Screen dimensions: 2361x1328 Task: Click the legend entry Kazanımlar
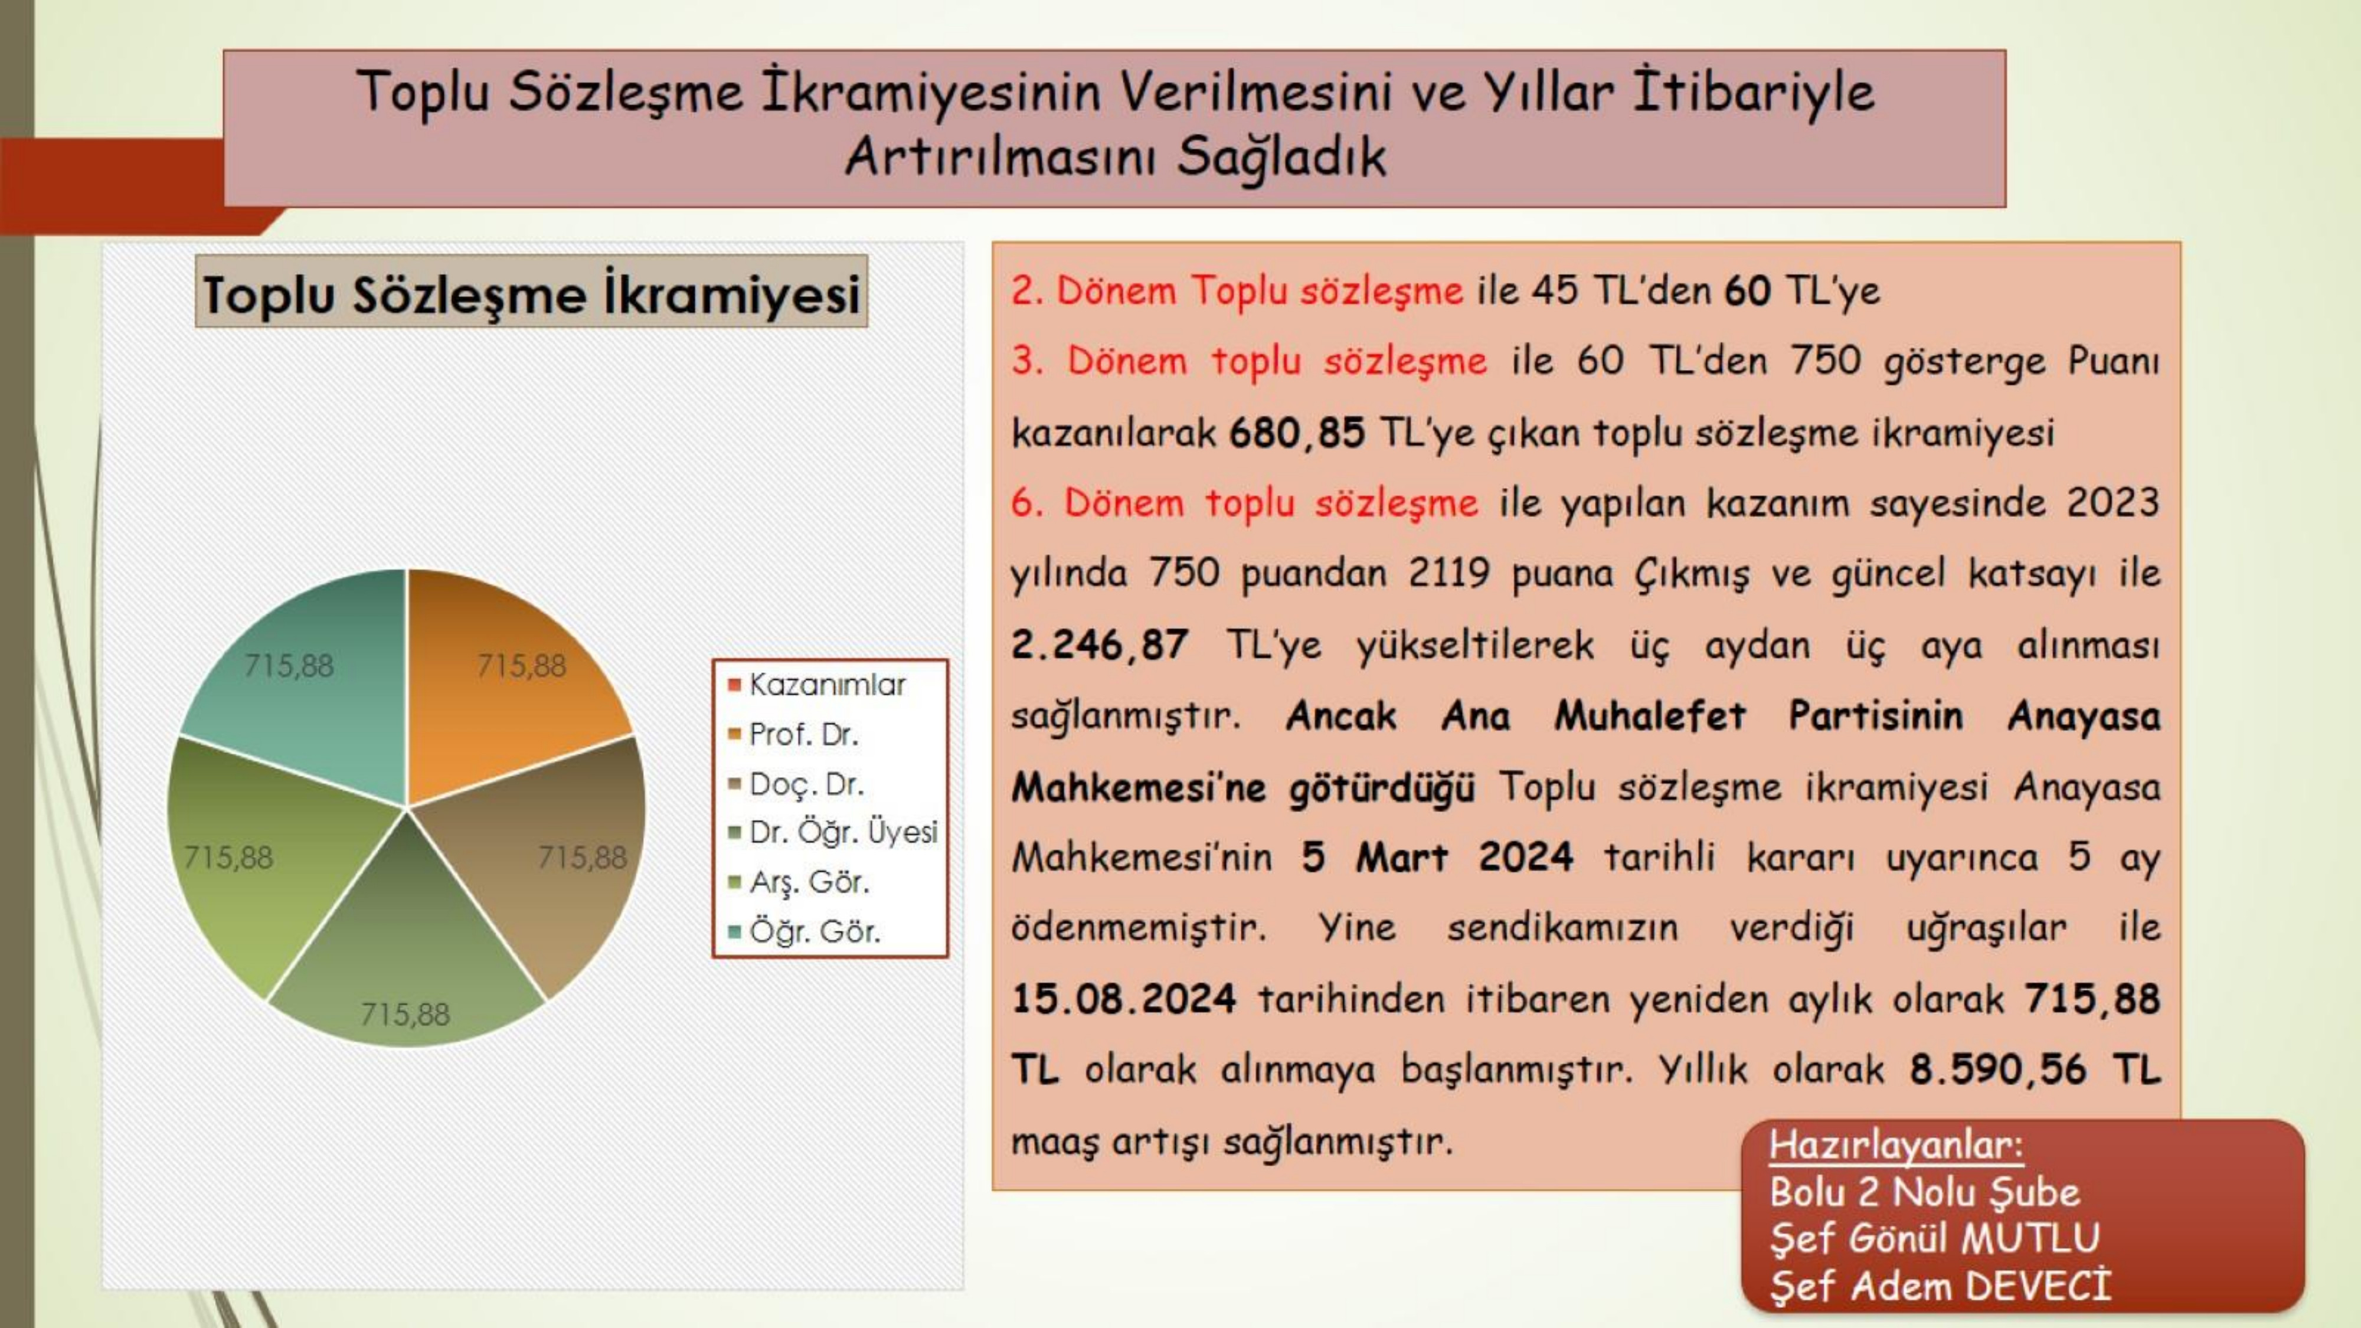(x=817, y=685)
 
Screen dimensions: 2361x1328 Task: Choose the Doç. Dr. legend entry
(x=796, y=784)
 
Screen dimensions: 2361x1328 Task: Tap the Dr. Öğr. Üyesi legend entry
(x=833, y=832)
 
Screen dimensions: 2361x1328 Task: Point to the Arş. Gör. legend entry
(x=798, y=882)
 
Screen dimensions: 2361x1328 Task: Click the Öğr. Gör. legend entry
(x=804, y=931)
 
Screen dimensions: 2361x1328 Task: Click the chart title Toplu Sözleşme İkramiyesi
(x=532, y=293)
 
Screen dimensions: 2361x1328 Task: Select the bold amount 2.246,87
(x=1099, y=645)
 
